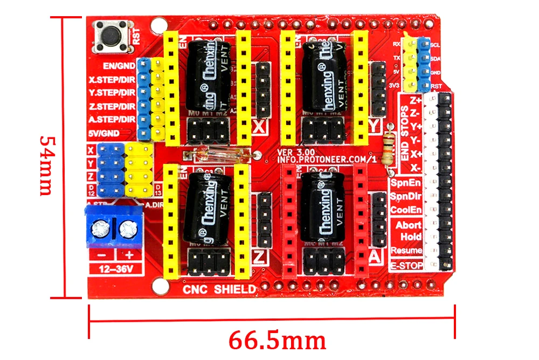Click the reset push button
pos(111,36)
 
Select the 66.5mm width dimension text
pos(277,341)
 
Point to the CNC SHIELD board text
pos(219,289)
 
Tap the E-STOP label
pos(407,266)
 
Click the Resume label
pos(407,251)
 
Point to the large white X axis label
pos(259,128)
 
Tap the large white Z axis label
pos(259,254)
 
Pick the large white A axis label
pos(376,257)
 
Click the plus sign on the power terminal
pos(129,255)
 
